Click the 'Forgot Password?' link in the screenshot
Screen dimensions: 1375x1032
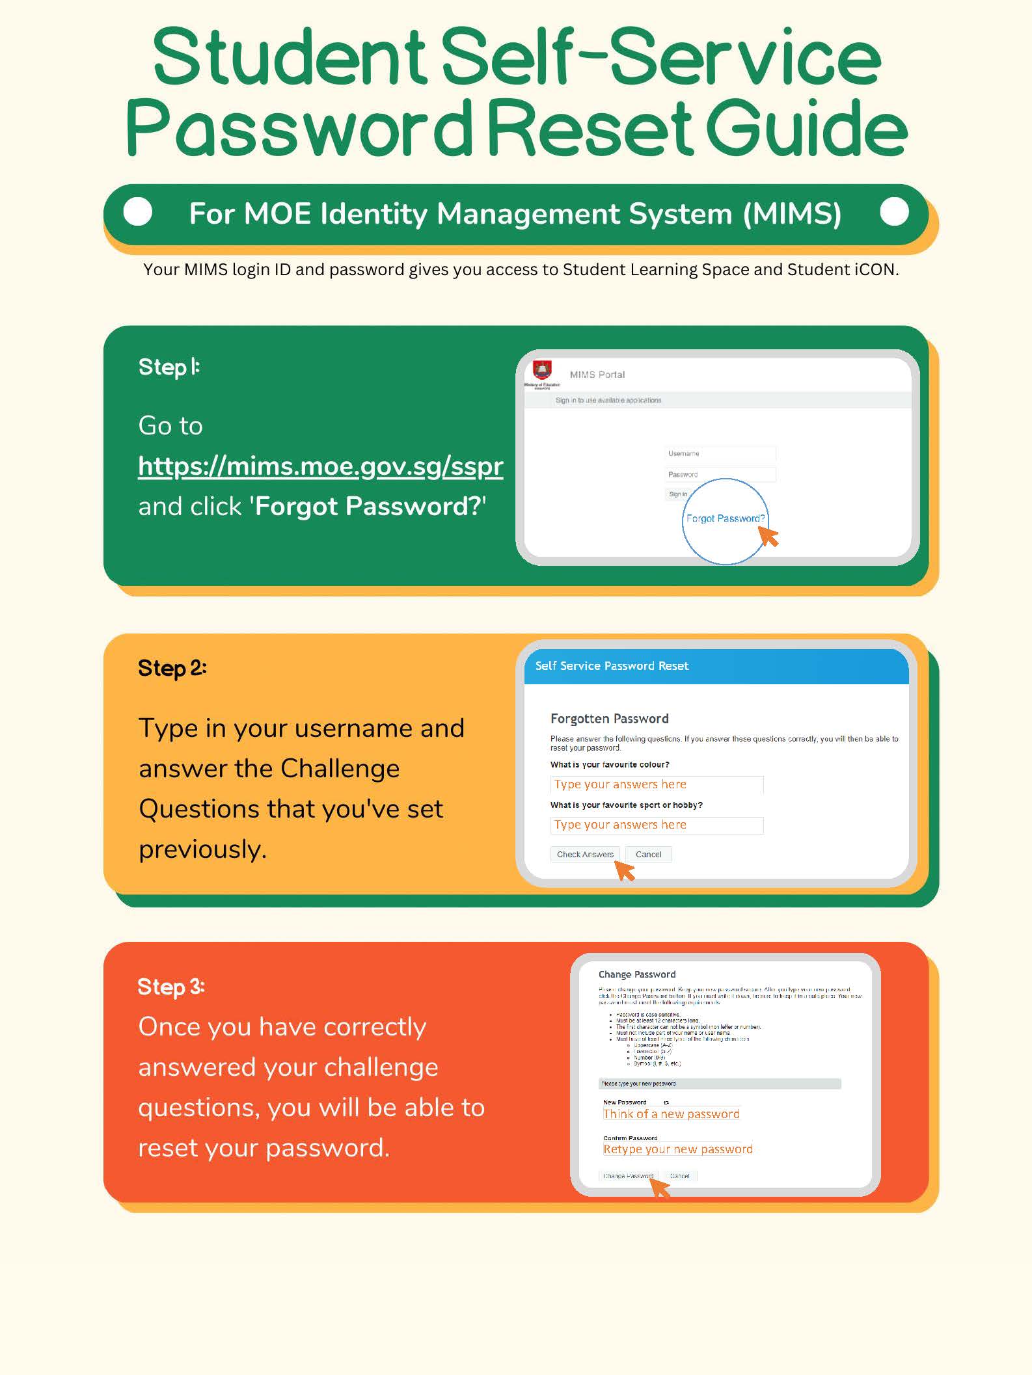[725, 518]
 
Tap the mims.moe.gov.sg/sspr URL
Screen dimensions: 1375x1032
[320, 466]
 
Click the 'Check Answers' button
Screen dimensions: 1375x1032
[584, 854]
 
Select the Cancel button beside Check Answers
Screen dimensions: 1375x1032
[648, 854]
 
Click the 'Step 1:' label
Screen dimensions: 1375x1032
[169, 367]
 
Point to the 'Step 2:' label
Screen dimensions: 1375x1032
[172, 668]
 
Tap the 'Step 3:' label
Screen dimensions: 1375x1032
[171, 987]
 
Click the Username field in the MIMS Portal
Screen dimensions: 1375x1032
[720, 453]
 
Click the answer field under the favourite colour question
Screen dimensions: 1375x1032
[656, 784]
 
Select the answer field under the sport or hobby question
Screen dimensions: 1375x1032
[656, 825]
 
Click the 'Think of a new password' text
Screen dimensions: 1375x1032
[671, 1114]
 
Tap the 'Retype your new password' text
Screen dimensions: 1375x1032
[677, 1149]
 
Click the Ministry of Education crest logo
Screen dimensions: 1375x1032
[542, 370]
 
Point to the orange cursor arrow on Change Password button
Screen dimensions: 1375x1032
[660, 1187]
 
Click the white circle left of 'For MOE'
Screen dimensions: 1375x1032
[138, 212]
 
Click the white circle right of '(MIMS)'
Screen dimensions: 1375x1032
[894, 212]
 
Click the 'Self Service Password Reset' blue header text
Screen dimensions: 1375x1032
[612, 665]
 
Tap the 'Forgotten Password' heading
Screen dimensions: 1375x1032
[609, 718]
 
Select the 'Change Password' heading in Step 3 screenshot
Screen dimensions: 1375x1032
[636, 974]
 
